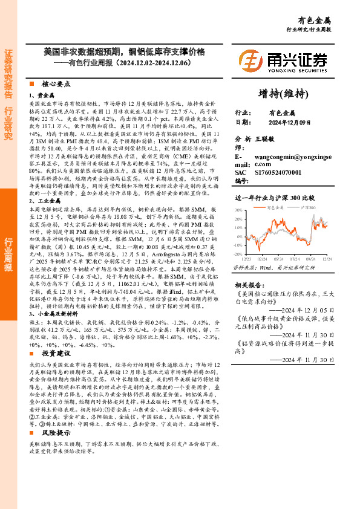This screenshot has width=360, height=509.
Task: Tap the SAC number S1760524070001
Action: point(292,172)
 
